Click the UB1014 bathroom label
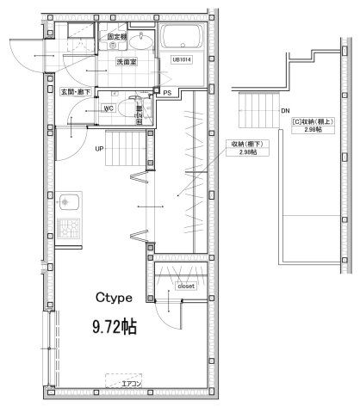tap(180, 59)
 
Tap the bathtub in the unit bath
tap(183, 38)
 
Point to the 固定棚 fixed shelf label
tap(117, 38)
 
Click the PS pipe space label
tap(167, 92)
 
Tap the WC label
tap(109, 108)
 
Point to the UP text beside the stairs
tap(99, 148)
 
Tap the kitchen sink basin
tap(68, 206)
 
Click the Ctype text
tap(113, 299)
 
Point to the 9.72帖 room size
tap(115, 327)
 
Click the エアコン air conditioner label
tap(131, 382)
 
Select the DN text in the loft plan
tap(285, 109)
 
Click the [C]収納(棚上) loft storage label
tap(314, 122)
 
